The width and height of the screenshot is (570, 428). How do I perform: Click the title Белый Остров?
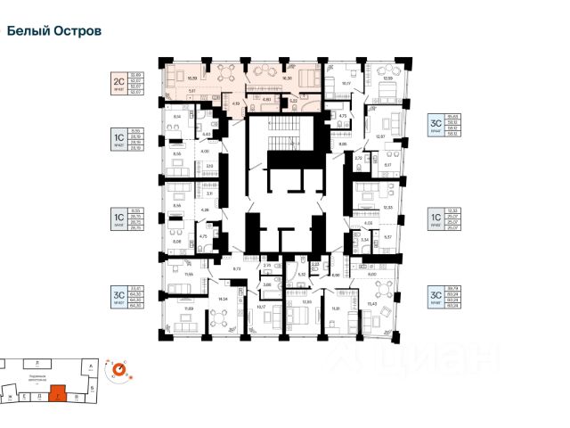(x=54, y=30)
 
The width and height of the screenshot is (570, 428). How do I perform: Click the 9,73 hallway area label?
(x=238, y=267)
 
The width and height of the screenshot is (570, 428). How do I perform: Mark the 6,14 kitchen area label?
(x=176, y=116)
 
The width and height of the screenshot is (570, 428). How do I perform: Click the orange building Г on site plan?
(x=58, y=391)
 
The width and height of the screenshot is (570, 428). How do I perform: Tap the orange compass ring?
(x=118, y=367)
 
